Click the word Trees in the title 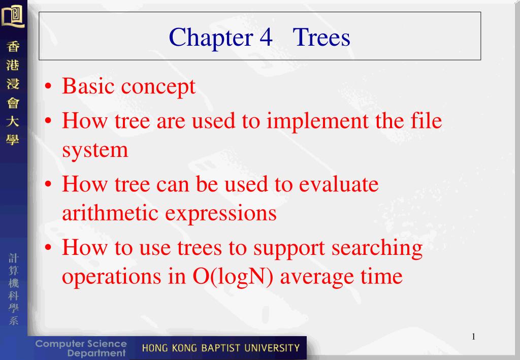(x=321, y=37)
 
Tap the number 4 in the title (x=266, y=37)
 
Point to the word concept (x=158, y=88)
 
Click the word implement (x=318, y=121)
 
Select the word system (x=95, y=151)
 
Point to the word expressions (x=220, y=214)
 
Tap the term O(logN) (x=233, y=277)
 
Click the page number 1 (x=474, y=337)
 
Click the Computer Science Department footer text (x=81, y=348)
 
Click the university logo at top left (x=13, y=15)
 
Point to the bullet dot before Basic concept (x=48, y=86)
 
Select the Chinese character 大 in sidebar (x=13, y=121)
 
